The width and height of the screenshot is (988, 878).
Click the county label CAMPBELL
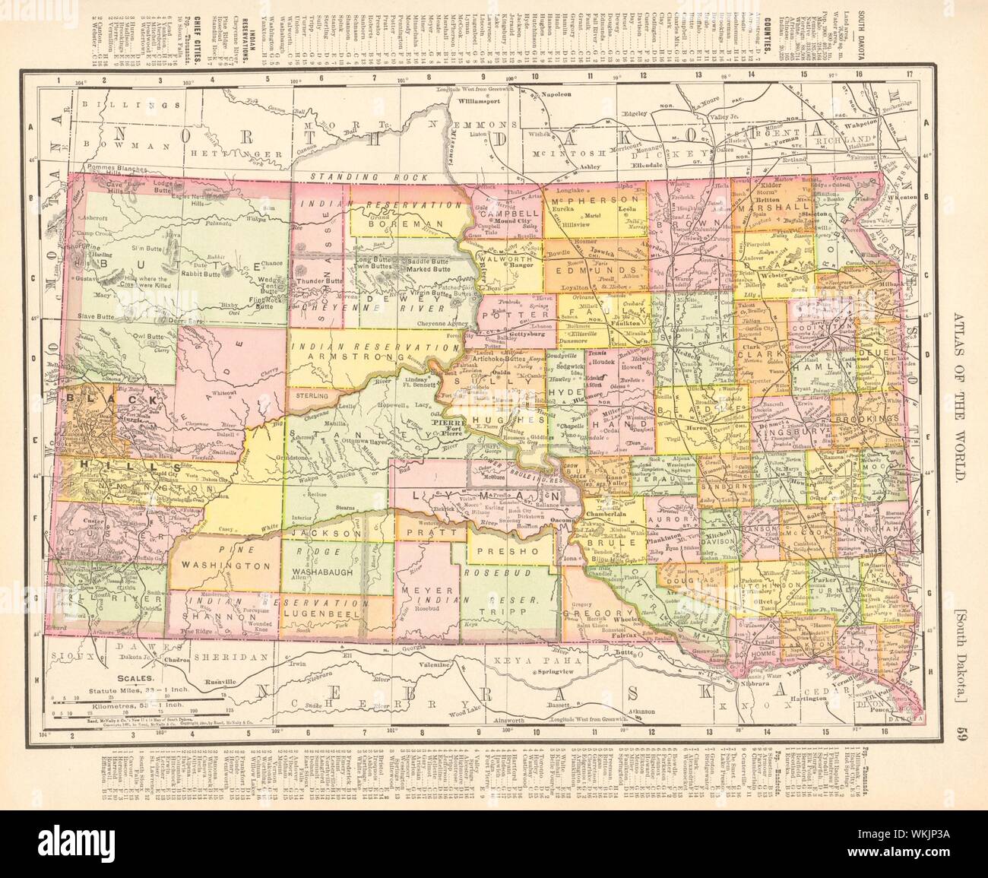pos(509,215)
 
